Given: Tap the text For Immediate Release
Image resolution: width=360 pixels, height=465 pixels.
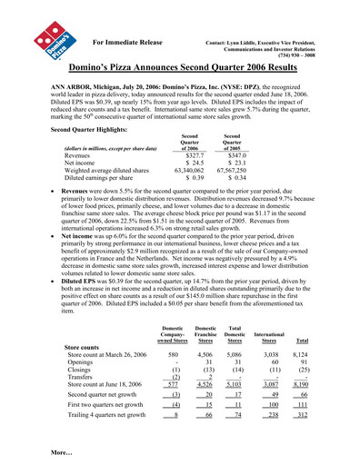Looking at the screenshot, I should [127, 42].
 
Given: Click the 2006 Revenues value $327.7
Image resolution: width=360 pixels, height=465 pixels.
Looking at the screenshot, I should [184, 156].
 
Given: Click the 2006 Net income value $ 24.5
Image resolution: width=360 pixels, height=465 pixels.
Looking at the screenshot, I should [184, 164].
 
